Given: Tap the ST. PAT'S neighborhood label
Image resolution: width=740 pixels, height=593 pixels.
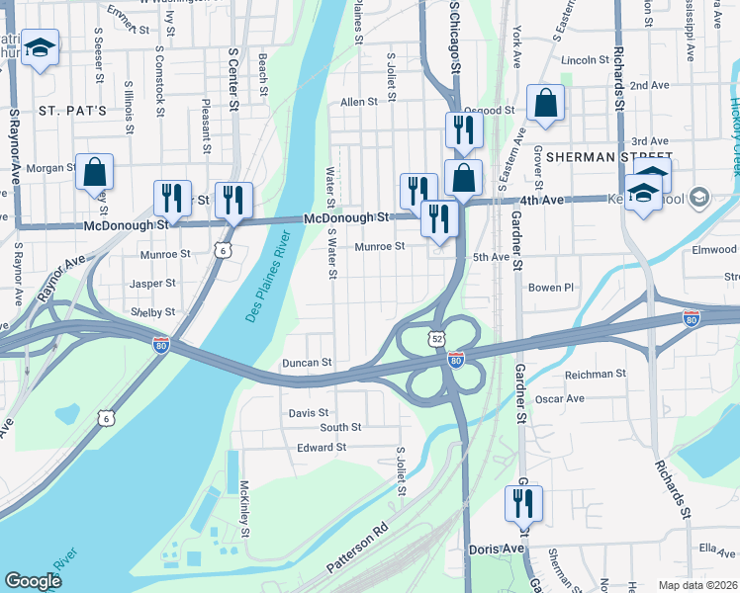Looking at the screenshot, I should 72,110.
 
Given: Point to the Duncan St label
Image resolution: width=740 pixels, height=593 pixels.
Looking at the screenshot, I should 307,363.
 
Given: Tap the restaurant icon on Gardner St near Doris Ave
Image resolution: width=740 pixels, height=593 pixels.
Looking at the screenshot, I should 523,503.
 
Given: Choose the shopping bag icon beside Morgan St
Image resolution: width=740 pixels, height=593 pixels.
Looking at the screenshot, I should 94,172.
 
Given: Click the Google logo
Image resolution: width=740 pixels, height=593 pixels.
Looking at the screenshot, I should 33,581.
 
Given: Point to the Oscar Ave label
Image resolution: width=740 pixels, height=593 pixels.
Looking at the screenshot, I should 559,398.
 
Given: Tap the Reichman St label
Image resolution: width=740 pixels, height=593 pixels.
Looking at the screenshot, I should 595,374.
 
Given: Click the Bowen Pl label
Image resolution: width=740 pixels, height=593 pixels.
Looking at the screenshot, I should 551,288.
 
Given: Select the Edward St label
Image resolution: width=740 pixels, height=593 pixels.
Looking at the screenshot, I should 322,448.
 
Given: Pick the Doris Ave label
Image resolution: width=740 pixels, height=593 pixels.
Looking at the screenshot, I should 498,549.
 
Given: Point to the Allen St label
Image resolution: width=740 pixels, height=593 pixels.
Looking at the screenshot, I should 359,101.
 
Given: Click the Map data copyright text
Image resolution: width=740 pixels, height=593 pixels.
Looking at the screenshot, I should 696,584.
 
